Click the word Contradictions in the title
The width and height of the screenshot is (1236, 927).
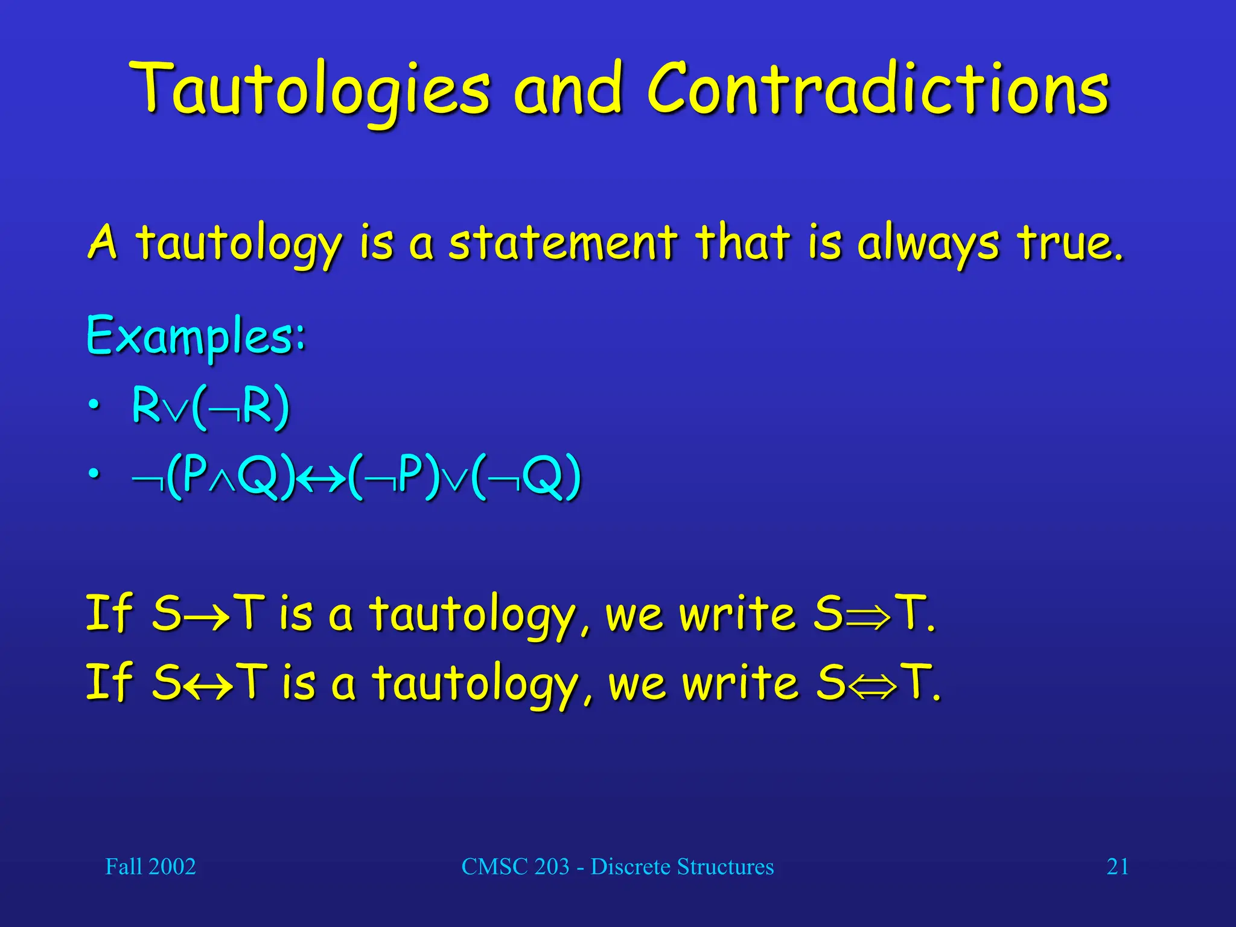878,91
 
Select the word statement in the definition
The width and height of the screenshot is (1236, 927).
563,243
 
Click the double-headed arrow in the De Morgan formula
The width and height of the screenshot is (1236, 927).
322,478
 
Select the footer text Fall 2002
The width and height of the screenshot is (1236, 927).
150,867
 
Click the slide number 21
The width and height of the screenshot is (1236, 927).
1117,867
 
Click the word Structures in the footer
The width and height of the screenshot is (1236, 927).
725,867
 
